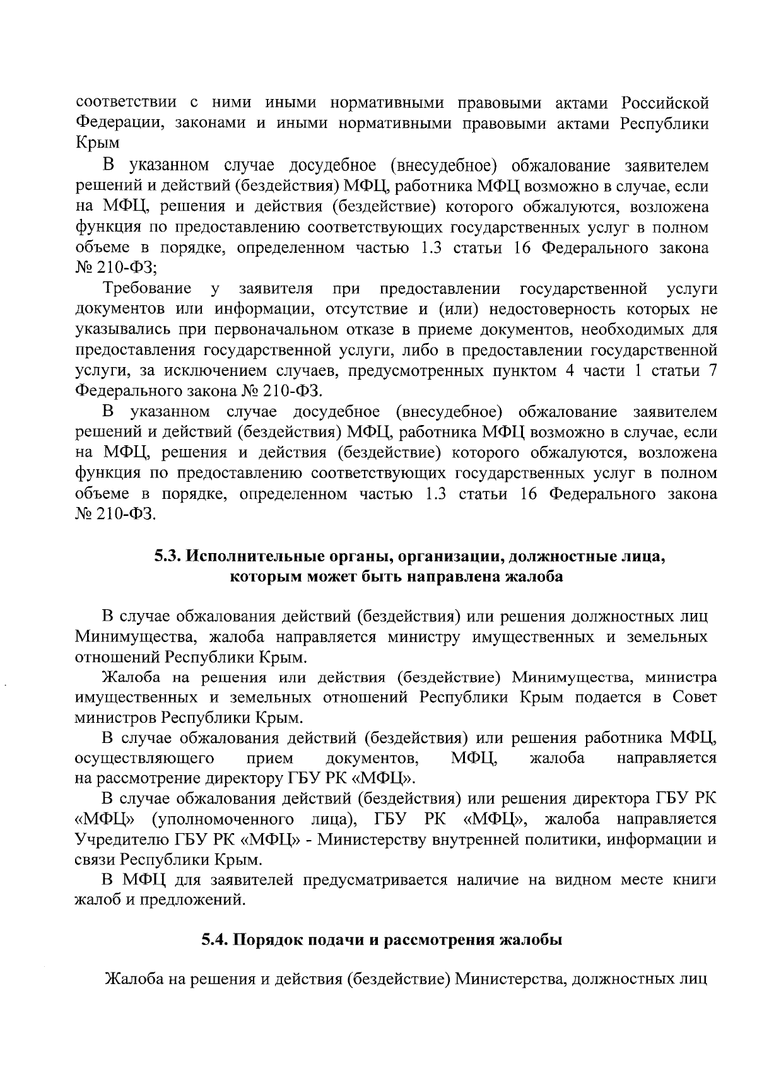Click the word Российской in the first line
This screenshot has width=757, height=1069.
pos(665,103)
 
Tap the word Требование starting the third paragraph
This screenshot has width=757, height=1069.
pos(148,289)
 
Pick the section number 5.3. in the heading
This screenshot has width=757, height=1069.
pos(169,557)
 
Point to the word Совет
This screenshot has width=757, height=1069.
pos(695,698)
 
